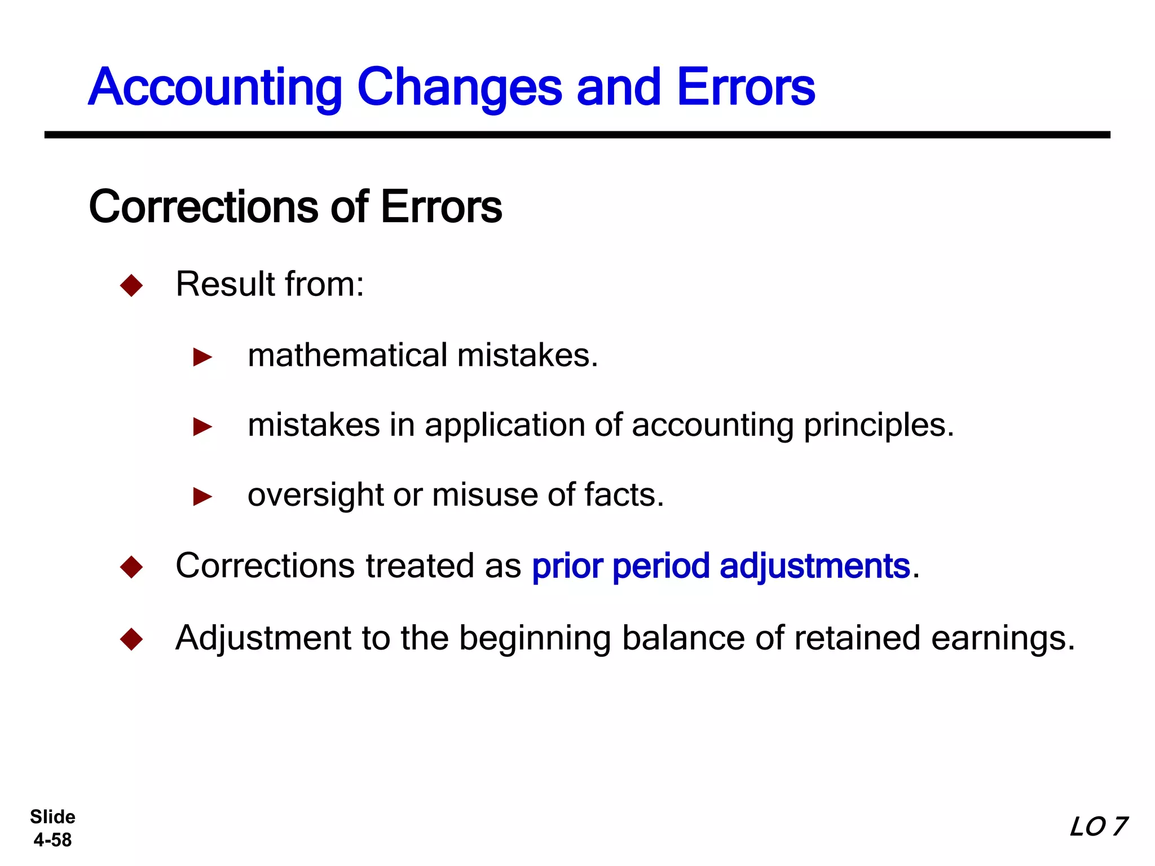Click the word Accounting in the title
(215, 88)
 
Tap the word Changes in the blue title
(460, 88)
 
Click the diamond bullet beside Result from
(131, 285)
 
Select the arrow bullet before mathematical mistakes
(202, 357)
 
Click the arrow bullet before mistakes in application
(202, 427)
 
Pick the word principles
(879, 426)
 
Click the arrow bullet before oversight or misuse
(202, 497)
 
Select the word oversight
(315, 496)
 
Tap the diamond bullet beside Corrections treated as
(131, 567)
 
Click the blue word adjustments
(815, 567)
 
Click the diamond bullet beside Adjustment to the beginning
(131, 639)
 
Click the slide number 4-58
(52, 840)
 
